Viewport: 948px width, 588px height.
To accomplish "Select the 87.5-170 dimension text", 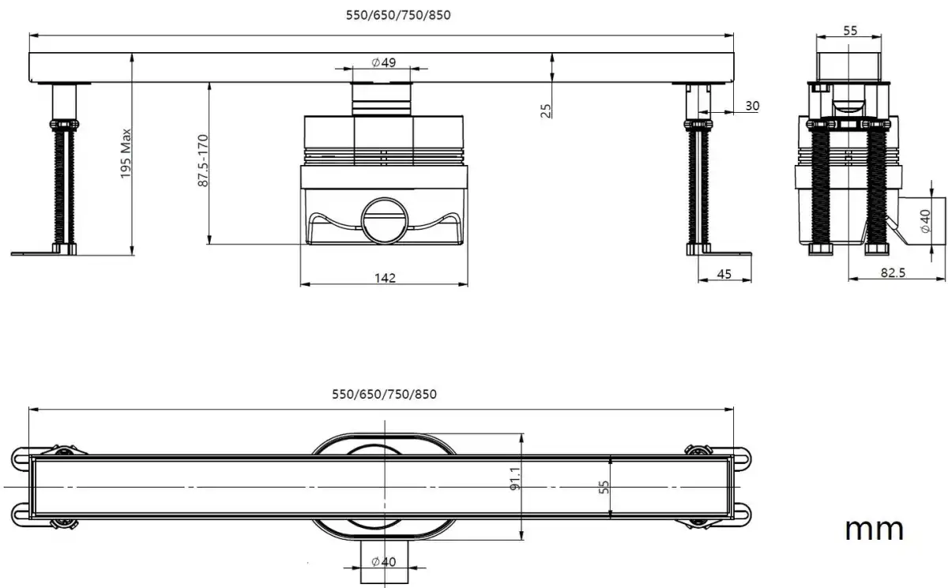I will pyautogui.click(x=203, y=161).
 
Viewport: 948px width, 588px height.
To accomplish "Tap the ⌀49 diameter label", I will pyautogui.click(x=383, y=63).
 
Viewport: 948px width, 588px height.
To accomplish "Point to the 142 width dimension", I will pyautogui.click(x=386, y=277).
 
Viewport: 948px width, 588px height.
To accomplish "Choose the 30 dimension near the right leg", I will pyautogui.click(x=751, y=106).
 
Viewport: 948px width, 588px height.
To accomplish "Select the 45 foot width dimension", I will pyautogui.click(x=724, y=274).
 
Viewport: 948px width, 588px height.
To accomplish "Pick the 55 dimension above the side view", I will pyautogui.click(x=850, y=31).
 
